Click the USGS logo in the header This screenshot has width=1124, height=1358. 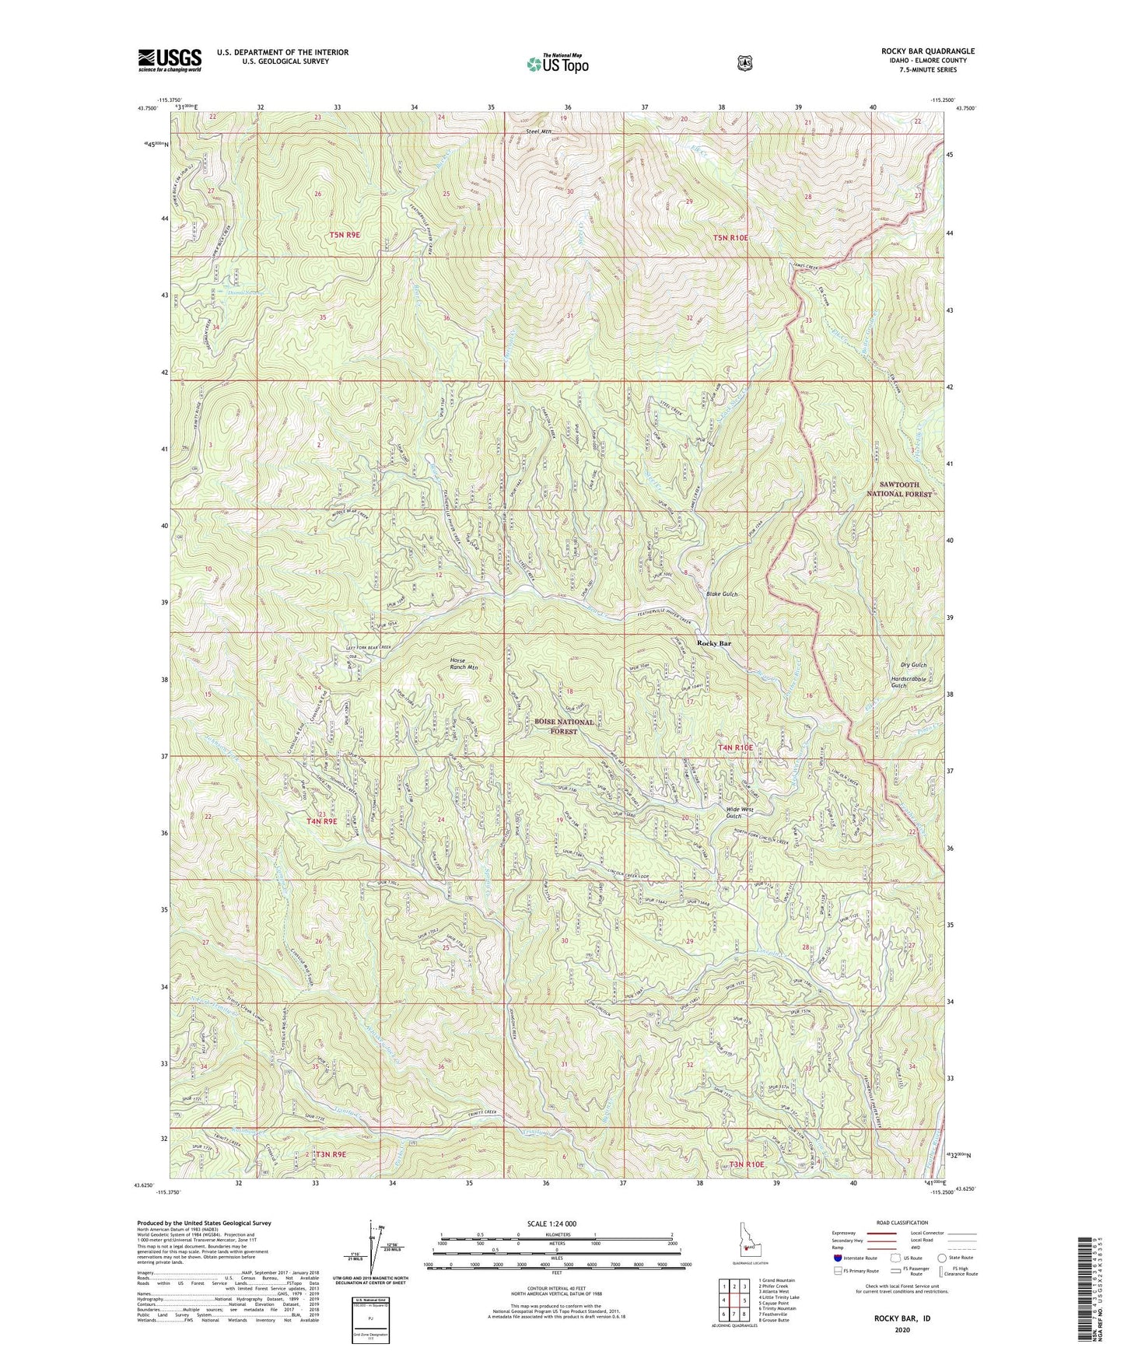point(170,60)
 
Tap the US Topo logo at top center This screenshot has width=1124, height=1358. point(556,63)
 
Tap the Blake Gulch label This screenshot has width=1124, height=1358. point(722,594)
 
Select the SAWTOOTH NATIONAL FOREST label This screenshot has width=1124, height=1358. point(899,488)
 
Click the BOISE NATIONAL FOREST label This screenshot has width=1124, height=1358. point(564,726)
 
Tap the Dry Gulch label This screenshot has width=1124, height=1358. point(913,665)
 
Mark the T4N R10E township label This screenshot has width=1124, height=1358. point(734,747)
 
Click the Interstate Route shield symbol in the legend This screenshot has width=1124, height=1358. point(837,1258)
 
